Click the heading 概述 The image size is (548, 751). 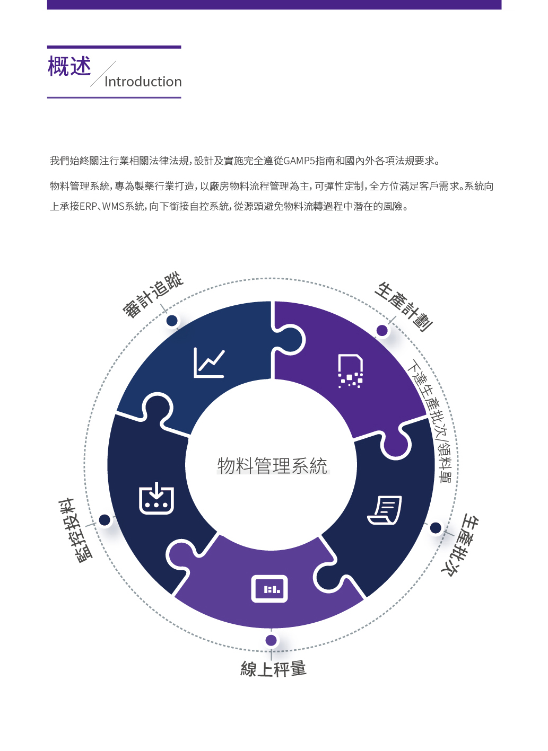69,66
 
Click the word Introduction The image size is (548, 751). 143,82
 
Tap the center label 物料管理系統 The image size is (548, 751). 272,465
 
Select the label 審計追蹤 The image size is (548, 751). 153,295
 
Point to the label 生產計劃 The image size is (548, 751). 404,307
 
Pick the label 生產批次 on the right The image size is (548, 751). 460,545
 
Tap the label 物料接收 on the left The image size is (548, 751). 75,530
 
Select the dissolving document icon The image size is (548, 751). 350,371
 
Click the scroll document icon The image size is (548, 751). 385,510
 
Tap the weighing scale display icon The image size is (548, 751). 269,589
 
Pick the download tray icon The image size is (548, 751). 156,498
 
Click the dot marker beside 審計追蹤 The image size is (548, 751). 172,321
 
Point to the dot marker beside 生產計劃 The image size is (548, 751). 382,331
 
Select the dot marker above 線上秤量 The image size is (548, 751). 271,640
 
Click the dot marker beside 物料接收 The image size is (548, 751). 105,520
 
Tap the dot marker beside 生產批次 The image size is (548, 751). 436,528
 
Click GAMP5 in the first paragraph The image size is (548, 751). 299,161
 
